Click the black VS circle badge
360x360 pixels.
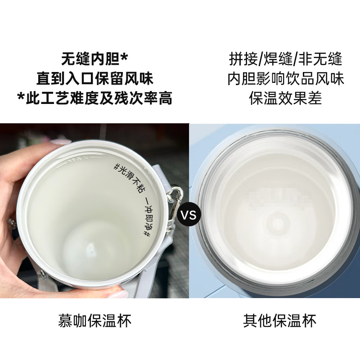(189, 215)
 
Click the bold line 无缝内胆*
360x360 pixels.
(94, 59)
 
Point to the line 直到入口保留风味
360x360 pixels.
(94, 79)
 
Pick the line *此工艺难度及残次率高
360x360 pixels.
(94, 98)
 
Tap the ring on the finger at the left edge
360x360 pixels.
(10, 220)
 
